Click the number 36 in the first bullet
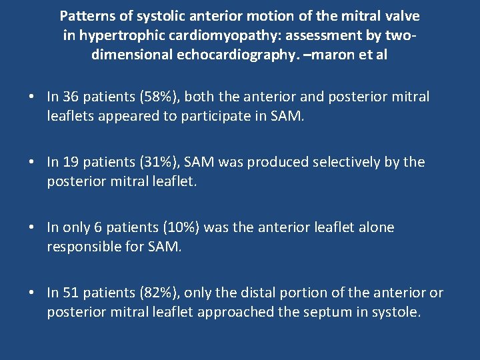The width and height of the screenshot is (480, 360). tap(71, 97)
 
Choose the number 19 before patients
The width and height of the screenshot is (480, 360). tap(71, 162)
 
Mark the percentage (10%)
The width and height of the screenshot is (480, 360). tap(177, 227)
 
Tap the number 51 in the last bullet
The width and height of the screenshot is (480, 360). tap(71, 293)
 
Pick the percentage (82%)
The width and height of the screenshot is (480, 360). tap(155, 293)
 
